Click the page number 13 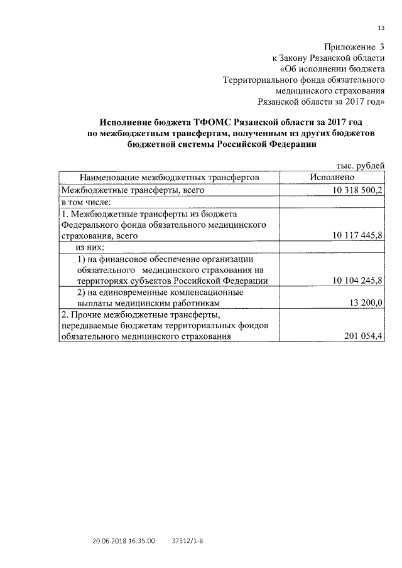click(381, 28)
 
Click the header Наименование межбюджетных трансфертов click(169, 178)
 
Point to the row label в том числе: click(86, 201)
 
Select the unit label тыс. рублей click(360, 166)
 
